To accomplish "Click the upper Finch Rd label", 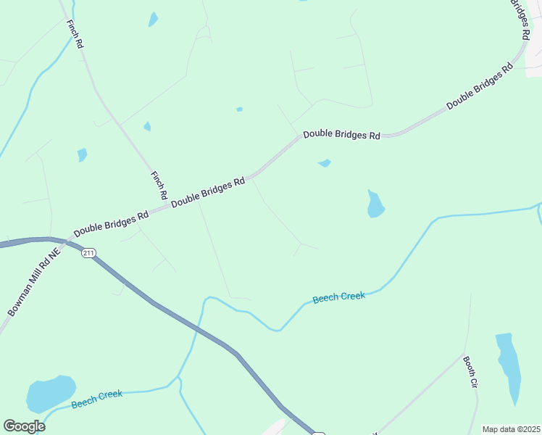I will (75, 34).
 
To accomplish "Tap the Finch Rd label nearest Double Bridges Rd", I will (158, 186).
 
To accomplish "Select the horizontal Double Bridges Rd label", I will (341, 135).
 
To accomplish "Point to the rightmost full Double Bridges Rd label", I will (480, 86).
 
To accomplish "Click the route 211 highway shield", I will (88, 252).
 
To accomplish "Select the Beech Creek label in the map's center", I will (338, 297).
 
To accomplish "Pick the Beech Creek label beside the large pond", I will (97, 398).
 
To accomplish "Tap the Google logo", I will (24, 426).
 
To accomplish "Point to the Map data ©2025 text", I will (510, 429).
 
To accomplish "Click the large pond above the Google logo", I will (50, 394).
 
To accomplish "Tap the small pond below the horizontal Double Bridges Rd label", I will (325, 163).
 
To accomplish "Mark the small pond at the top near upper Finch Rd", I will (153, 19).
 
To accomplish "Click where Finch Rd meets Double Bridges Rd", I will (168, 205).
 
